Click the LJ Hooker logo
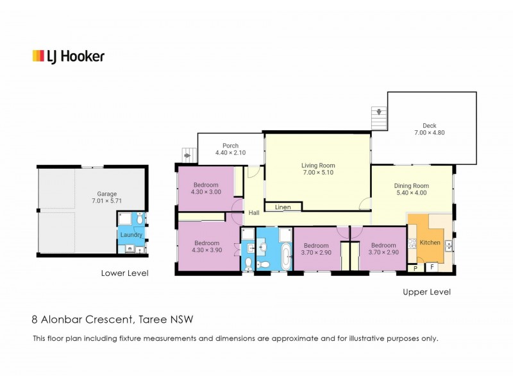(69, 56)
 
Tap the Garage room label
(106, 194)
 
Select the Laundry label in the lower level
(131, 235)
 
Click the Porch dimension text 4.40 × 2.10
(230, 153)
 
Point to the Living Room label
(318, 166)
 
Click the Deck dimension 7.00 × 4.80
(429, 133)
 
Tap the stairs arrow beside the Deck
(379, 112)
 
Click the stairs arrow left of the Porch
(187, 155)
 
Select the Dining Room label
(411, 185)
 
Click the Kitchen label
(430, 243)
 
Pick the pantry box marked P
(416, 268)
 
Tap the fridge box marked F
(432, 267)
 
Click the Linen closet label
(283, 207)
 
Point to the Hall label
(254, 213)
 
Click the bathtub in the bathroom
(286, 256)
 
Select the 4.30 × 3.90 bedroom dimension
(206, 250)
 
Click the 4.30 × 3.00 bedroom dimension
(206, 192)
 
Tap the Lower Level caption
(124, 273)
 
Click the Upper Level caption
(426, 292)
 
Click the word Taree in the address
(153, 319)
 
